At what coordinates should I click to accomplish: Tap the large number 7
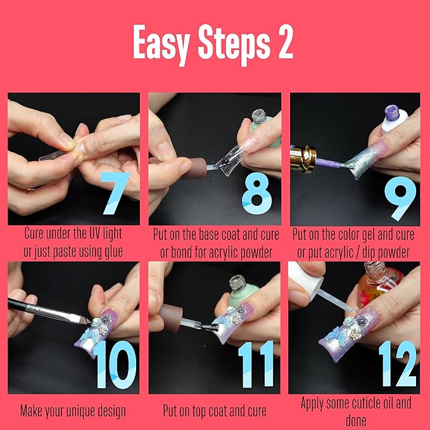(114, 189)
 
